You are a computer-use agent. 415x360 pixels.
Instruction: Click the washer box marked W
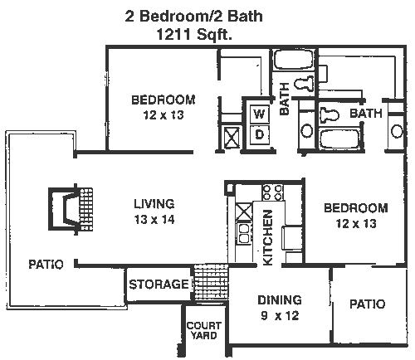259,114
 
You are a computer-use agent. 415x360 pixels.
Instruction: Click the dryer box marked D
259,134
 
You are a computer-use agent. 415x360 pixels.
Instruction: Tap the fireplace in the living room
71,209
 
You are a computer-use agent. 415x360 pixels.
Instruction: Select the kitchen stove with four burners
272,192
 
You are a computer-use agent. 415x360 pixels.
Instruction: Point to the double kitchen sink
243,233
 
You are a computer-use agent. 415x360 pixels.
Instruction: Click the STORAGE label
159,285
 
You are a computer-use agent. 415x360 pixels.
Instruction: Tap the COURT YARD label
204,330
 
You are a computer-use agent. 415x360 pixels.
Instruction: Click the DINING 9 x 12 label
280,308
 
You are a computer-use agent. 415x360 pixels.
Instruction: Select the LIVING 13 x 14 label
154,212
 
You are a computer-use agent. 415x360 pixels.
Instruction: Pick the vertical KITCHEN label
267,237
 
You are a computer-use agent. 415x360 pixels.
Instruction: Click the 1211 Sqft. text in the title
194,35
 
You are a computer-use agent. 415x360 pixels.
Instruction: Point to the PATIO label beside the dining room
368,304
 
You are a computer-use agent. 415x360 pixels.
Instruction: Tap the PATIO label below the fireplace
46,265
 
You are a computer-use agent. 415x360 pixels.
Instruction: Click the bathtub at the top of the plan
293,60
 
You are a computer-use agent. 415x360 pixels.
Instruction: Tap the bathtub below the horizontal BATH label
339,139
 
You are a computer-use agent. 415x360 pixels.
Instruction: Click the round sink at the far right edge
397,131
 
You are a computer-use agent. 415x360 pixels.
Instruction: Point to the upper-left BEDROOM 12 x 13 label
164,107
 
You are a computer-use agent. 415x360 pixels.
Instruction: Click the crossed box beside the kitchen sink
244,212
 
